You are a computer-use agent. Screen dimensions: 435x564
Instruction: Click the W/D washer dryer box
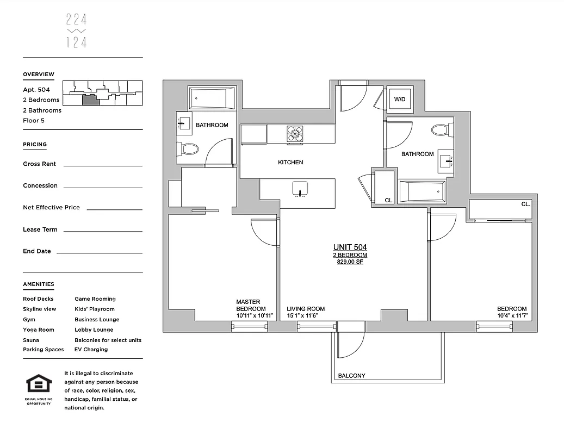[x=400, y=100]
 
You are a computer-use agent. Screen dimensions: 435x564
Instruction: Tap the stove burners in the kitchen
[x=295, y=134]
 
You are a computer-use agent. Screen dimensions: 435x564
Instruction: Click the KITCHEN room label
[x=290, y=163]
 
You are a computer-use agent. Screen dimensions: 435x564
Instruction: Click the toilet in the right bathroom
[x=439, y=130]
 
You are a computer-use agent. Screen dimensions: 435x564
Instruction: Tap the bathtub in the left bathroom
[x=212, y=98]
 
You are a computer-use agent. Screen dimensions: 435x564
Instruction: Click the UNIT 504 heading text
[x=350, y=247]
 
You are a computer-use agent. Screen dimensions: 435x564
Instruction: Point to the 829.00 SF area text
[x=350, y=262]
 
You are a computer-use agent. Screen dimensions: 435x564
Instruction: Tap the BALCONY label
[x=351, y=376]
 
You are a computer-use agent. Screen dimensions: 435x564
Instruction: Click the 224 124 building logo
[x=76, y=31]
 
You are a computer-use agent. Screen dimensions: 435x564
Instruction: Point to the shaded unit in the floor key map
[x=91, y=100]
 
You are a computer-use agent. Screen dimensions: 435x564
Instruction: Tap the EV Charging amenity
[x=91, y=350]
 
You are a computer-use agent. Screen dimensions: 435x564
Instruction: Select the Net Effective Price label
[x=51, y=207]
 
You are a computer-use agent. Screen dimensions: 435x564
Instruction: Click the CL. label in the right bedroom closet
[x=525, y=204]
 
